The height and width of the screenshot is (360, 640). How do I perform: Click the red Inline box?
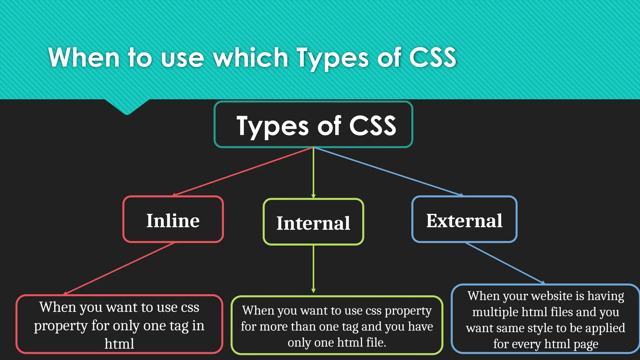173,220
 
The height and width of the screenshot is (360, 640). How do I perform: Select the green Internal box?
313,222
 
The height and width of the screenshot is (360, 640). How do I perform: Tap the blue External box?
464,220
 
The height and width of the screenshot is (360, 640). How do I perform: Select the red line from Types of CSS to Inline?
243,171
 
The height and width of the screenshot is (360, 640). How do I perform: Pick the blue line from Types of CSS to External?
387,171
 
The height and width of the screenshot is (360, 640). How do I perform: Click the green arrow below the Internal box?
313,269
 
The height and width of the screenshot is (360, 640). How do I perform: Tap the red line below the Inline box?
119,268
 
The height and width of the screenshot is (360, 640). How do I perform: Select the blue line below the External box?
504,263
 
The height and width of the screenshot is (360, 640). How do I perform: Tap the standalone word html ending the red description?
119,344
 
